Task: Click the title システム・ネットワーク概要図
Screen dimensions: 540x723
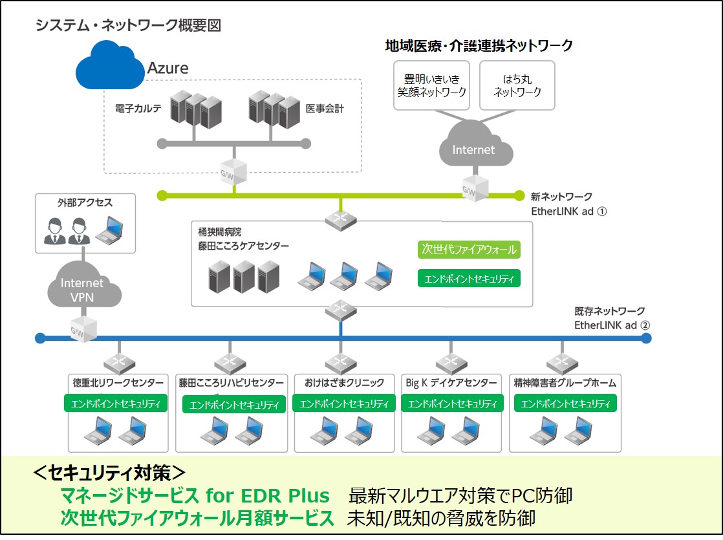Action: [x=128, y=25]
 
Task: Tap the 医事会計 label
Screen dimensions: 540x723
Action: [x=325, y=109]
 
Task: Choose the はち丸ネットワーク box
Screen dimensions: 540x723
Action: [x=517, y=85]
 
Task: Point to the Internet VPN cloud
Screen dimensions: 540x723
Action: [x=83, y=290]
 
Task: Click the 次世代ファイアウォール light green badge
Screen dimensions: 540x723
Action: [x=469, y=250]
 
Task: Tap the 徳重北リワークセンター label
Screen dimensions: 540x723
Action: [x=117, y=383]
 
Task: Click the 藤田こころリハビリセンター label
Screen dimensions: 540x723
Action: [x=232, y=383]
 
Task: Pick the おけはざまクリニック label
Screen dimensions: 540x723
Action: [x=340, y=383]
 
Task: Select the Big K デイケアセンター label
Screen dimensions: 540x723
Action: [x=450, y=383]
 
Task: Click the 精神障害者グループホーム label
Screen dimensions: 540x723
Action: [x=564, y=383]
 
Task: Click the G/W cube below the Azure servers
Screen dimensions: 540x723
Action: [x=233, y=171]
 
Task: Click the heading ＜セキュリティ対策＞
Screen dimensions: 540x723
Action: [x=110, y=472]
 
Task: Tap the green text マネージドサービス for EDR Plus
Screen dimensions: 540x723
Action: [x=195, y=496]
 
